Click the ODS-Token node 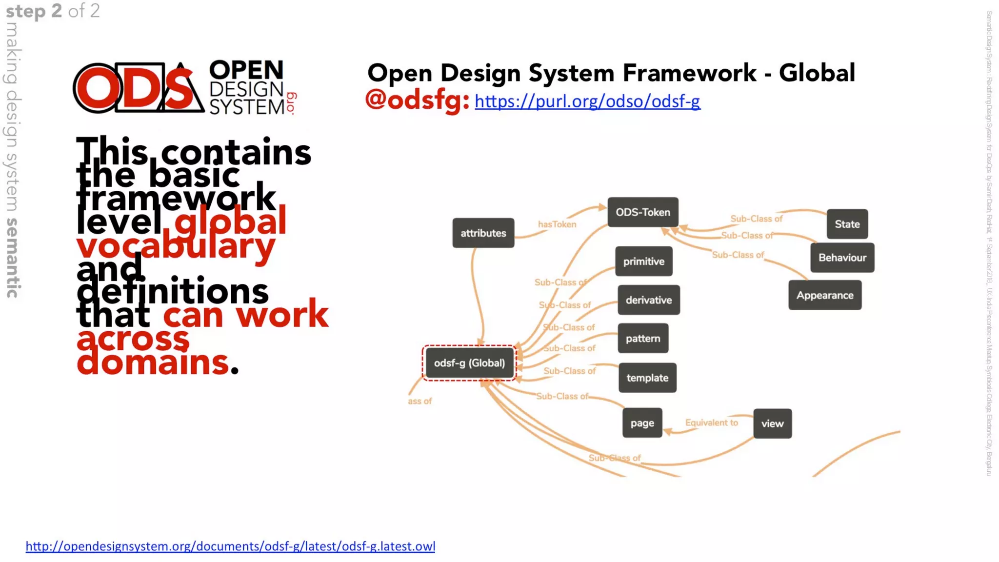[642, 212]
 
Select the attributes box [483, 233]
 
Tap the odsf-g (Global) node [469, 363]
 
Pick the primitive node [643, 261]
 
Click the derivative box [648, 300]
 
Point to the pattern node [642, 339]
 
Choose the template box [647, 378]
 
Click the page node [642, 423]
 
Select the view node [772, 423]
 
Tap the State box [847, 224]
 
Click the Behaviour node [842, 258]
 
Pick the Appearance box [824, 295]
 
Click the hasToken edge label [557, 224]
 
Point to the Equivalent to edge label [711, 422]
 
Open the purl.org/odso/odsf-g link [587, 101]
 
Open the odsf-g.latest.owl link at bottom [230, 546]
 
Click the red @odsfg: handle [417, 100]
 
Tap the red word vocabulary [176, 245]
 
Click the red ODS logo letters [137, 88]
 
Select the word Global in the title [817, 73]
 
